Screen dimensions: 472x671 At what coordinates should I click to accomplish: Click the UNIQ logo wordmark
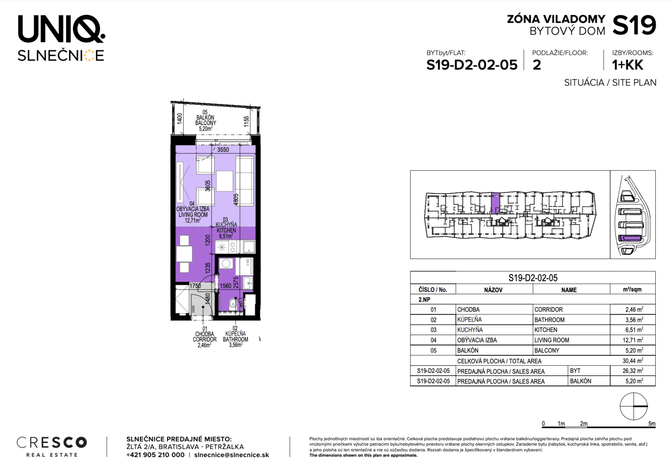(61, 29)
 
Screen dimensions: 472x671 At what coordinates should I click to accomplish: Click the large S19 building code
(634, 26)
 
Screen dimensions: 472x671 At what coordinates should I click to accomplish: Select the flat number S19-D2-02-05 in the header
(472, 65)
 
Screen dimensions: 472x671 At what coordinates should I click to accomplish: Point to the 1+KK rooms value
(627, 65)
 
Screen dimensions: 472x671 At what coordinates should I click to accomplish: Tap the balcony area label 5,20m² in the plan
(205, 129)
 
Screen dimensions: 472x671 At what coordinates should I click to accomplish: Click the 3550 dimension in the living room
(223, 150)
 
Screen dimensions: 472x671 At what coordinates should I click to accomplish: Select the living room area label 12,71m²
(192, 221)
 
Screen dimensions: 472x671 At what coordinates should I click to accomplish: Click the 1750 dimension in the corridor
(195, 286)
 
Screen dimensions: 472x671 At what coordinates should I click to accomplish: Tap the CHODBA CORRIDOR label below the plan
(205, 337)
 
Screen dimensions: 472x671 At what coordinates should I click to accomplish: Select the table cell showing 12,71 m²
(634, 340)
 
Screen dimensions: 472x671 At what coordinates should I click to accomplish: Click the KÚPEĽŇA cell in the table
(469, 320)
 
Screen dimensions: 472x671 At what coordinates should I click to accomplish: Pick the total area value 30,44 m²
(632, 361)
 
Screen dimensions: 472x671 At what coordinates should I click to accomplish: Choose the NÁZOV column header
(493, 290)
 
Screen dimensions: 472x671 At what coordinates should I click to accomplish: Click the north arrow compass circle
(633, 406)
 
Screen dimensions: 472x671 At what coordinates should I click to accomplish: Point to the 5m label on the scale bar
(651, 424)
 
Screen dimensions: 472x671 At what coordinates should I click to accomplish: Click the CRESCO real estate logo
(51, 446)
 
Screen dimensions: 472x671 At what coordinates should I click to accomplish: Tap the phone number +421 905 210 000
(155, 455)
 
